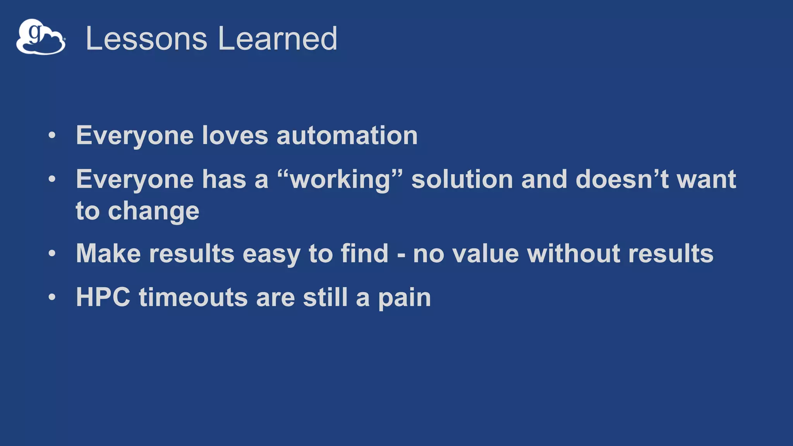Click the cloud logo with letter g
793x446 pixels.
pos(41,37)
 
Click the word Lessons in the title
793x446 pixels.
pos(146,38)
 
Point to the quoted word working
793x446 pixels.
pos(340,180)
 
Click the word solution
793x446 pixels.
pos(462,180)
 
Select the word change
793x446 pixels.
pos(153,211)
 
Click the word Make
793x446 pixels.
pos(108,254)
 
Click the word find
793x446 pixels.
pos(364,254)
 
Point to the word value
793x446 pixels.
pos(486,254)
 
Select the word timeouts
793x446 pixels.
pos(193,297)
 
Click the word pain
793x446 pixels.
pos(404,298)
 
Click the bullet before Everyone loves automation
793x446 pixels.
pos(52,136)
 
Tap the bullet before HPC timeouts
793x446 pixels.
pos(52,297)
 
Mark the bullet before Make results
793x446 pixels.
pos(52,254)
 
